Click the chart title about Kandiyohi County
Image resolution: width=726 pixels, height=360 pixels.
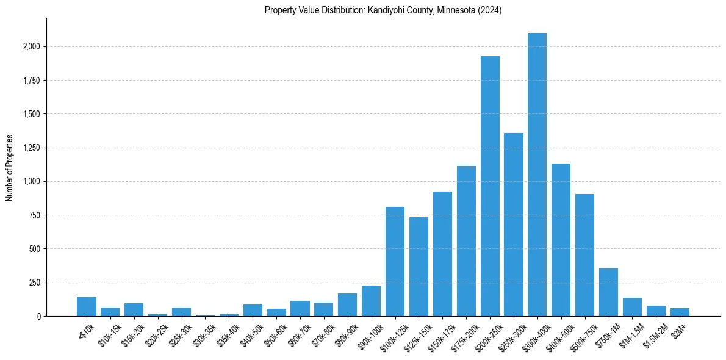click(x=383, y=10)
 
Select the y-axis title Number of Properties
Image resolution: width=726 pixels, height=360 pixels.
click(x=10, y=168)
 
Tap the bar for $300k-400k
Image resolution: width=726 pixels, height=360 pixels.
click(x=537, y=175)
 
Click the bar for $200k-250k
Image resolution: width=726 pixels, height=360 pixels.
click(x=490, y=186)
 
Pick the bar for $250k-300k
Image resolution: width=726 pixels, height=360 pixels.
click(x=514, y=225)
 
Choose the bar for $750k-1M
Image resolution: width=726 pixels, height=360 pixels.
click(x=608, y=292)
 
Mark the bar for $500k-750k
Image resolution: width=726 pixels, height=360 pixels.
click(x=584, y=255)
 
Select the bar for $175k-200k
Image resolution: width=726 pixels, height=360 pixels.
click(x=466, y=241)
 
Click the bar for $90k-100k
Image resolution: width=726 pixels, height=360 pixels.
click(x=371, y=301)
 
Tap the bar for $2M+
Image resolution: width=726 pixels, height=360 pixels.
click(x=680, y=312)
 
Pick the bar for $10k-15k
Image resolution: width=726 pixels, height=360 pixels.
click(x=110, y=312)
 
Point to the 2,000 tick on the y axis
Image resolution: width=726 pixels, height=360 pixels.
click(x=32, y=46)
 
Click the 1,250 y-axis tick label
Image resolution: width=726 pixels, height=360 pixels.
click(x=32, y=148)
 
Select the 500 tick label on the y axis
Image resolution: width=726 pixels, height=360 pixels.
click(x=35, y=249)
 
